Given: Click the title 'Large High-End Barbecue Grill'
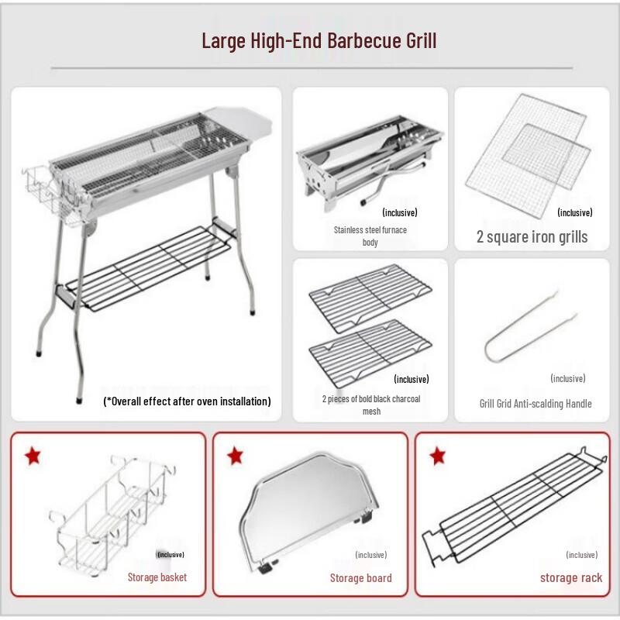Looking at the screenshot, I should pyautogui.click(x=319, y=40).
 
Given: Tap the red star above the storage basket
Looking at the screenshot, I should pyautogui.click(x=32, y=456).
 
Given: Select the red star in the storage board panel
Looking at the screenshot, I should pyautogui.click(x=235, y=456).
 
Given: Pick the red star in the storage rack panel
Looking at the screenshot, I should pyautogui.click(x=437, y=456).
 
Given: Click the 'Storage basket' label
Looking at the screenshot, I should pyautogui.click(x=157, y=577).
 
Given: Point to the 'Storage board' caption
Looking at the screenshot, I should pyautogui.click(x=360, y=578).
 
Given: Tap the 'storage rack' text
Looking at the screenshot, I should pyautogui.click(x=570, y=577).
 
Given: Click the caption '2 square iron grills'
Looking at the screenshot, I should pyautogui.click(x=532, y=236).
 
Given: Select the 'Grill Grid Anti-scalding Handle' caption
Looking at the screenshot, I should pyautogui.click(x=535, y=404).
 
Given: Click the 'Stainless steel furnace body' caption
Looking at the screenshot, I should pyautogui.click(x=370, y=236).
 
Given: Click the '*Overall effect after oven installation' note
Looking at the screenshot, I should pyautogui.click(x=187, y=401).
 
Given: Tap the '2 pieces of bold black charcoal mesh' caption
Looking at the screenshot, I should pyautogui.click(x=371, y=405).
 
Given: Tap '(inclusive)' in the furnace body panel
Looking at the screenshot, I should pyautogui.click(x=400, y=212).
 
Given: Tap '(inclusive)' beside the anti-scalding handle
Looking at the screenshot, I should pyautogui.click(x=567, y=378).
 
